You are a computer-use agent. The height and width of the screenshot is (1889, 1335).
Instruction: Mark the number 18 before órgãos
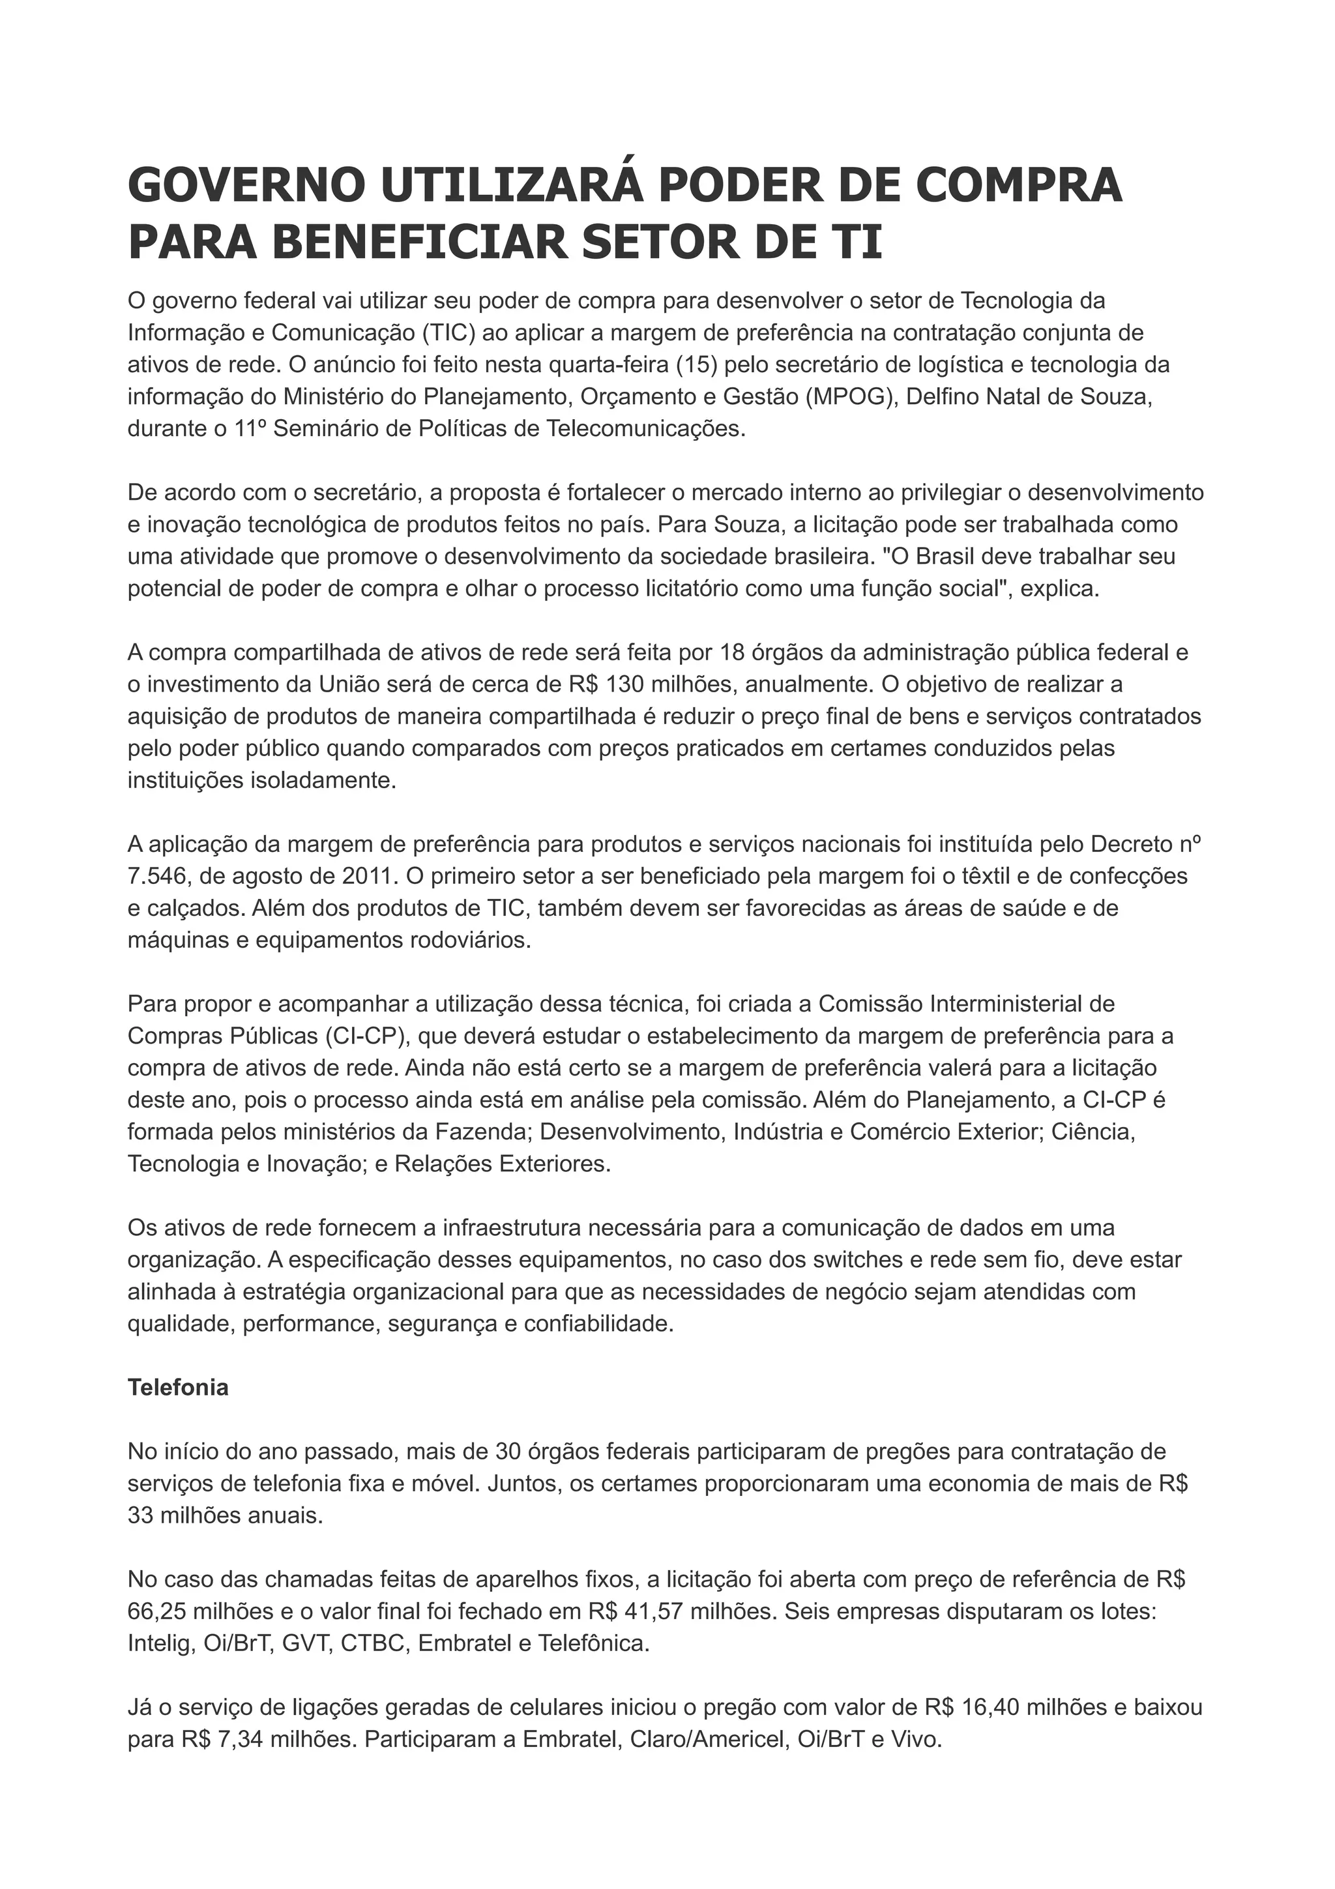(732, 652)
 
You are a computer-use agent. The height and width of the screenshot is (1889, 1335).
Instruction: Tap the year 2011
(370, 876)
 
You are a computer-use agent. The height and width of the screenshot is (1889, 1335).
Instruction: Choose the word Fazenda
(481, 1132)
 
